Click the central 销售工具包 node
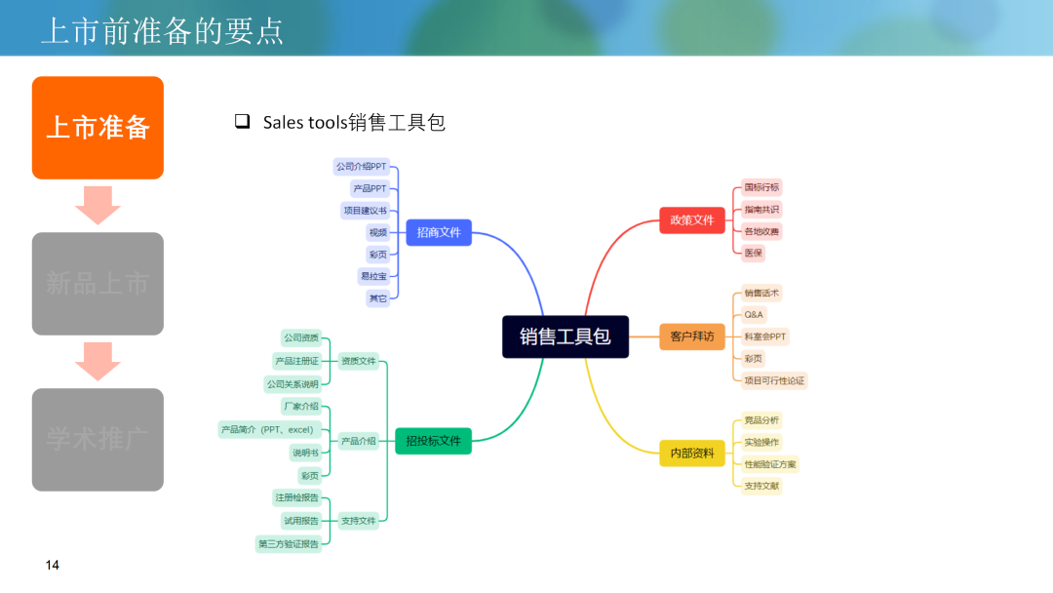(x=565, y=336)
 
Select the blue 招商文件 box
(x=439, y=232)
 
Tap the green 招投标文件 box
(x=433, y=442)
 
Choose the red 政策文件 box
(x=692, y=220)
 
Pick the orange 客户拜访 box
(x=692, y=336)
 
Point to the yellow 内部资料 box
(x=692, y=454)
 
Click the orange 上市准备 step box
(x=97, y=128)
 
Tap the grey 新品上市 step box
(x=97, y=284)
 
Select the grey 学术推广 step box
(x=97, y=439)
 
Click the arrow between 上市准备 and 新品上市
(x=97, y=205)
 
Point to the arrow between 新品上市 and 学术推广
(x=97, y=361)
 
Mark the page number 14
(x=53, y=566)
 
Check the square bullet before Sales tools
(x=242, y=122)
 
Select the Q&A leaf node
(x=754, y=315)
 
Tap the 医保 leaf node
(x=754, y=253)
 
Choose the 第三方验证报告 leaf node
(x=289, y=543)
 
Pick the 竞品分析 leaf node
(x=761, y=420)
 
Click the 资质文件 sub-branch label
(x=359, y=361)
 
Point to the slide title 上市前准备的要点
(x=162, y=31)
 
